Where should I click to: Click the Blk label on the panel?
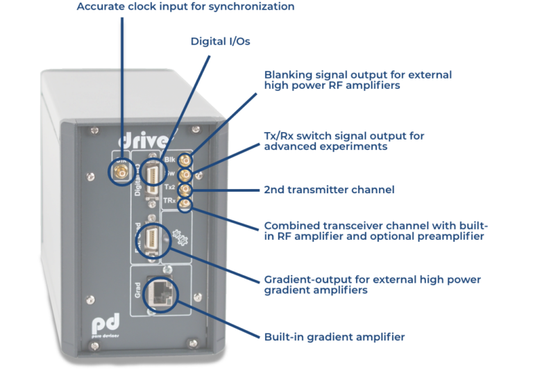(170, 159)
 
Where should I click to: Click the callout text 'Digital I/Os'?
(221, 42)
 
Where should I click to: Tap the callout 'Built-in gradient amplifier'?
(334, 337)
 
